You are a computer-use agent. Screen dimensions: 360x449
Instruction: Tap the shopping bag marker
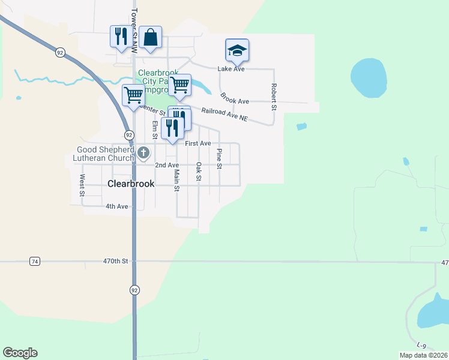coord(150,37)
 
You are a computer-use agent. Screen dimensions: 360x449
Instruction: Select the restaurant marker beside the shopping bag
coord(121,37)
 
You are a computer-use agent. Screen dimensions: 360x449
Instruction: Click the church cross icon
coord(143,153)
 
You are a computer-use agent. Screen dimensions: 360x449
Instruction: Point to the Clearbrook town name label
coord(131,184)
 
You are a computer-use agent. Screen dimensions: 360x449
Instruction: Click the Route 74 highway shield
coord(35,261)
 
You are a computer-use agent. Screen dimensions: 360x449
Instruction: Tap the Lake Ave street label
coord(231,69)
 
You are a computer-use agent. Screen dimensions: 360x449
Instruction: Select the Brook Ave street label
coord(234,98)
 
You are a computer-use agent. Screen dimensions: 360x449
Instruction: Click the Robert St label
coord(273,97)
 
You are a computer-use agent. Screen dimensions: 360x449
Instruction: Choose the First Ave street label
coord(198,143)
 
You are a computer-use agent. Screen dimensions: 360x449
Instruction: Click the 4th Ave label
coord(117,206)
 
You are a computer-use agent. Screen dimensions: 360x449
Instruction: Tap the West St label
coord(82,185)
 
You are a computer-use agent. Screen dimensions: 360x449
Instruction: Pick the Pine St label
coord(219,158)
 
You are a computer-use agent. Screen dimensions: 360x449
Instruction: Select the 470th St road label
coord(116,261)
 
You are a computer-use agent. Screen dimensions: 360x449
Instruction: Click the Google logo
coord(20,353)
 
